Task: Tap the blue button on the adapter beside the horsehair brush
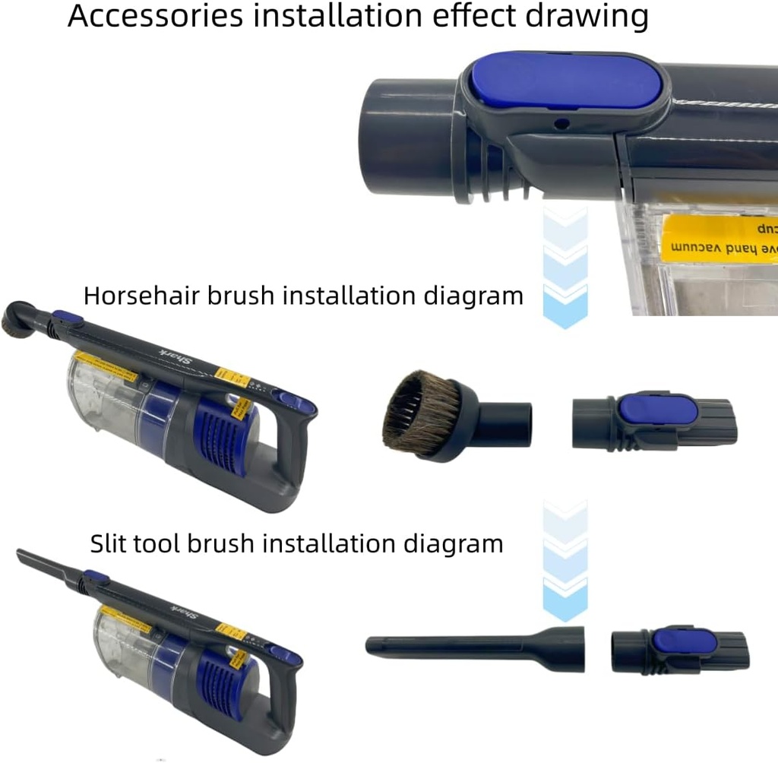click(658, 410)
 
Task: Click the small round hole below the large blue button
click(561, 122)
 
